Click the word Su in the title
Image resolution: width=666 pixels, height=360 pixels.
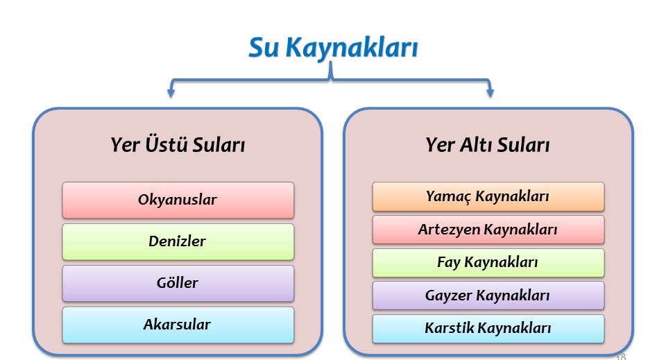click(x=264, y=47)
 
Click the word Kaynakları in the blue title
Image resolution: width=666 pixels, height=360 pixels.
click(x=352, y=48)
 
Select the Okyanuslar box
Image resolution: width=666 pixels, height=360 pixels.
click(x=178, y=200)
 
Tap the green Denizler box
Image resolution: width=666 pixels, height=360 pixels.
click(x=178, y=241)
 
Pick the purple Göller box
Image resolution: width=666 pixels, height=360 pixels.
click(x=178, y=283)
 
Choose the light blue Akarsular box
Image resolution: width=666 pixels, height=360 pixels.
click(x=178, y=325)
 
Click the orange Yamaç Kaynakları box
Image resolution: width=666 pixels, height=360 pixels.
click(x=488, y=196)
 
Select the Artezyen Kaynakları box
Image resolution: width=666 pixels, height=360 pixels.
click(x=488, y=230)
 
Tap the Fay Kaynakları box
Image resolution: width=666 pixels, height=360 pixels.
click(x=488, y=263)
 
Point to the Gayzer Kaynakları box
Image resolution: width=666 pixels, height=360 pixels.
click(x=488, y=295)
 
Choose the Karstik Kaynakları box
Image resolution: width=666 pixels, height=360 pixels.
click(x=488, y=329)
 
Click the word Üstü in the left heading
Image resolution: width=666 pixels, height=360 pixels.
click(x=166, y=144)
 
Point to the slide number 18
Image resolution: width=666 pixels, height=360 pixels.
click(x=620, y=357)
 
